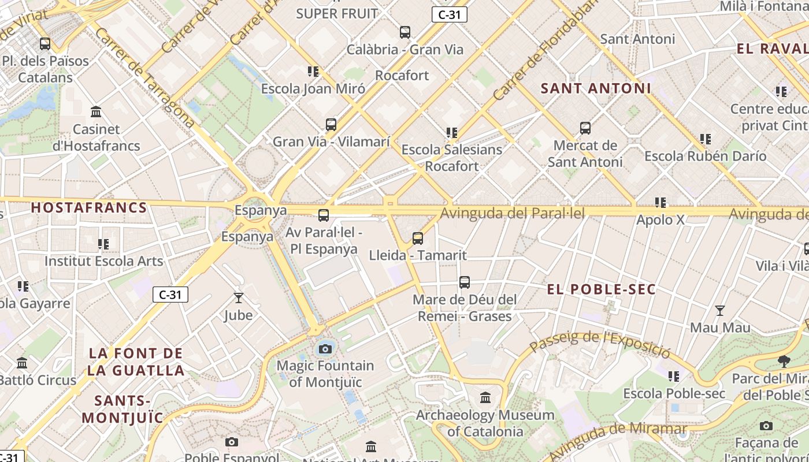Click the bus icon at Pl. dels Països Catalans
pyautogui.click(x=44, y=44)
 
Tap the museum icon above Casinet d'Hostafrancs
pyautogui.click(x=96, y=111)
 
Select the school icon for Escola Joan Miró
pyautogui.click(x=313, y=72)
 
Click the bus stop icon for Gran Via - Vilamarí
pyautogui.click(x=331, y=125)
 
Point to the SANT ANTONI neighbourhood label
pyautogui.click(x=596, y=88)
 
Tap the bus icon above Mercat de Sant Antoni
pyautogui.click(x=585, y=128)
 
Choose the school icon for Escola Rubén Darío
pyautogui.click(x=706, y=139)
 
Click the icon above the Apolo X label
pyautogui.click(x=660, y=203)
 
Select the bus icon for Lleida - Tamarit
pyautogui.click(x=418, y=238)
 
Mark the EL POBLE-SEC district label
pyautogui.click(x=601, y=289)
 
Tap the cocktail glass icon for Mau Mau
pyautogui.click(x=720, y=311)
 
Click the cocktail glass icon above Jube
pyautogui.click(x=238, y=298)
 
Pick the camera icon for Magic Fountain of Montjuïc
pyautogui.click(x=325, y=349)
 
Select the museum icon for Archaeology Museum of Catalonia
pyautogui.click(x=485, y=398)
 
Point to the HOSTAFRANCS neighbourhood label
pyautogui.click(x=89, y=208)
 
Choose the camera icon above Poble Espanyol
pyautogui.click(x=232, y=442)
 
